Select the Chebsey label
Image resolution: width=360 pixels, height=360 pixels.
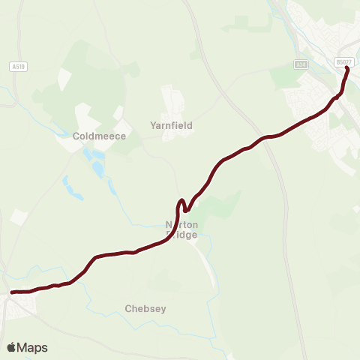145,308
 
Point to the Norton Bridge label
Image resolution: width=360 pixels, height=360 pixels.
181,229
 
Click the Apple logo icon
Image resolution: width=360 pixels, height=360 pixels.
12,347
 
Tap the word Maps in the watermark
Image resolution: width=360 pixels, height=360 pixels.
32,347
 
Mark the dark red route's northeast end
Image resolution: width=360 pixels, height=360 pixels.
347,68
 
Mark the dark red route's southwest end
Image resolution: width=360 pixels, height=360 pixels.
11,292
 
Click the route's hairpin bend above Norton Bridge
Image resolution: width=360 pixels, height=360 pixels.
181,202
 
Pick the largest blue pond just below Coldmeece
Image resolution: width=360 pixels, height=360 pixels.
97,166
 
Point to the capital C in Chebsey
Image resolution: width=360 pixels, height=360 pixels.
129,308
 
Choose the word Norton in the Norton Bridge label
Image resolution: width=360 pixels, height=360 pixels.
181,224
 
